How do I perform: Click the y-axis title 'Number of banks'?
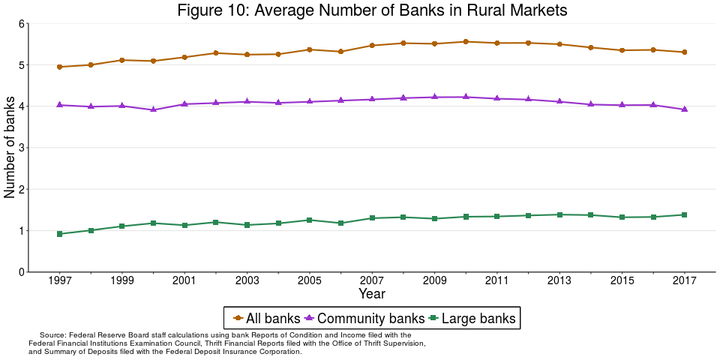(x=10, y=148)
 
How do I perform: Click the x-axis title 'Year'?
(x=372, y=293)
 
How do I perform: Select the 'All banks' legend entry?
(x=267, y=318)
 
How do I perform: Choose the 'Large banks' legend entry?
(x=472, y=318)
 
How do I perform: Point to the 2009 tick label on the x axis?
(x=434, y=280)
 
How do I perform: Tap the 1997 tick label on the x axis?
(x=60, y=280)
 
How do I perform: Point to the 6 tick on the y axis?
(x=21, y=24)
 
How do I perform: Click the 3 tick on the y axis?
(x=21, y=148)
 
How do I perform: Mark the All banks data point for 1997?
(x=60, y=67)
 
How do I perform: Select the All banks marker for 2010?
(x=466, y=42)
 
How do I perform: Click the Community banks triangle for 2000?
(x=154, y=109)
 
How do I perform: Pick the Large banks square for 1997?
(x=60, y=234)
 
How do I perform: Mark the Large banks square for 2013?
(x=559, y=214)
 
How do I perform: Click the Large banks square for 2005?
(x=310, y=220)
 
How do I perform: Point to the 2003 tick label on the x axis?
(x=247, y=280)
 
